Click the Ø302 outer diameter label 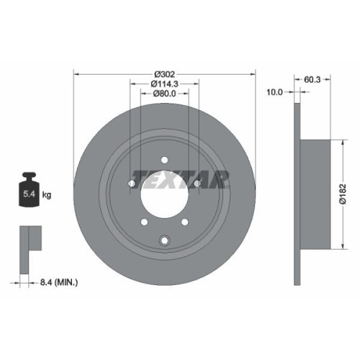(164, 73)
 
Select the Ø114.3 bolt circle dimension (164, 84)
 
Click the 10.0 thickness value (275, 93)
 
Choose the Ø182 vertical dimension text (344, 190)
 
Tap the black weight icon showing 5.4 (29, 189)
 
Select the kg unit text (48, 194)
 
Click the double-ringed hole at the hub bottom (165, 240)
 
